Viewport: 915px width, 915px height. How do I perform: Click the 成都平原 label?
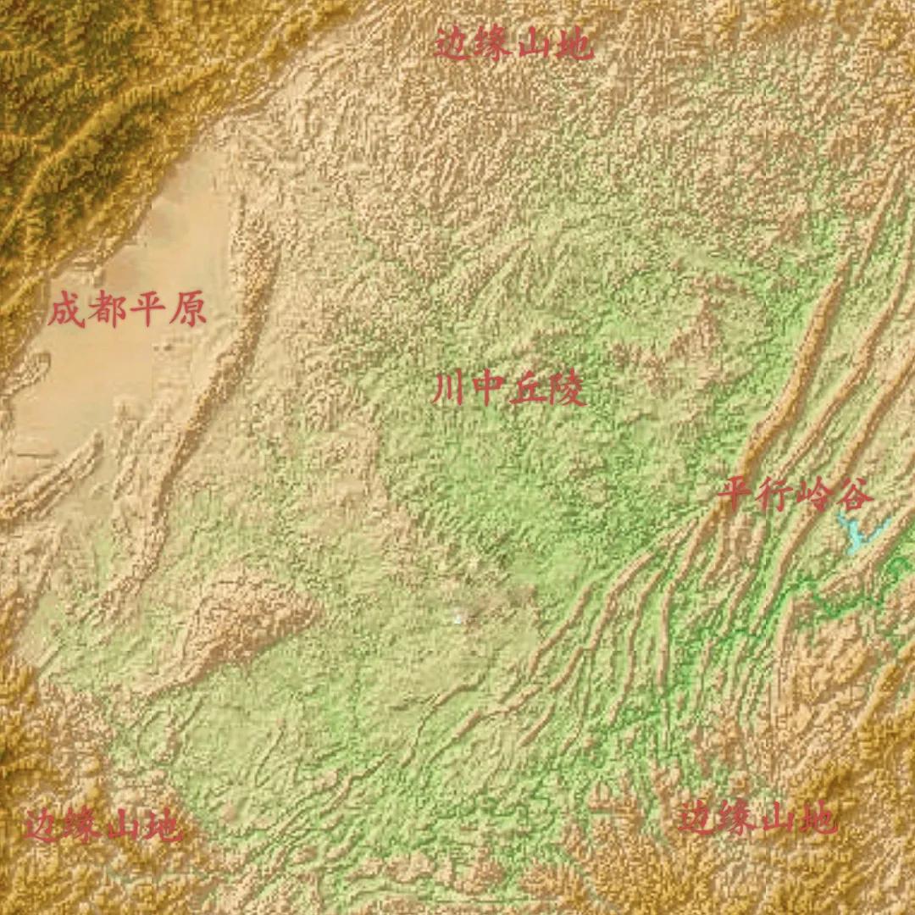[127, 311]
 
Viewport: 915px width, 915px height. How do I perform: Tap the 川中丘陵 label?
[508, 391]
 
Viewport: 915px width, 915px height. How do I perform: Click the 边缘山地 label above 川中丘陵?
[514, 43]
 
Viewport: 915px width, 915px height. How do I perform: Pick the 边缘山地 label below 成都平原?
[102, 825]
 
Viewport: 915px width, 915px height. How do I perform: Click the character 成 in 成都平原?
[66, 311]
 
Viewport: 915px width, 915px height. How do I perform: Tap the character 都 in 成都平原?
[107, 311]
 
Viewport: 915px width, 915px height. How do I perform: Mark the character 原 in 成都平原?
[187, 311]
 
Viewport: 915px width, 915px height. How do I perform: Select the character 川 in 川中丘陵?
[448, 391]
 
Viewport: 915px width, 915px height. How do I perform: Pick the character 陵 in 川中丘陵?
[568, 391]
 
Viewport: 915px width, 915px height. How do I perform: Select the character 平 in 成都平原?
[147, 311]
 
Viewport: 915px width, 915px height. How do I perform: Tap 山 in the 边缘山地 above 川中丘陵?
[534, 43]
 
